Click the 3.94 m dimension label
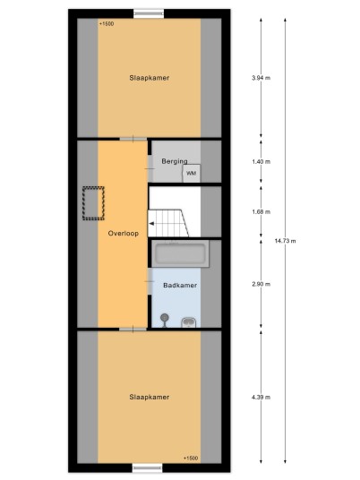261,78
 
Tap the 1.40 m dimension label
261,161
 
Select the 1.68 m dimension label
261,211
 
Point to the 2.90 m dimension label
261,284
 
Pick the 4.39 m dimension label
261,397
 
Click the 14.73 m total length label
285,241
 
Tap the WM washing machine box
192,173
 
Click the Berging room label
175,161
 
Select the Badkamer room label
180,286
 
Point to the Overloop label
124,233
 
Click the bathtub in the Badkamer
181,253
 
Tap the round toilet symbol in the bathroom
165,320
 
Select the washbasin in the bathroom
189,322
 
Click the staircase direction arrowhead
151,224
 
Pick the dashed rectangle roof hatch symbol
93,203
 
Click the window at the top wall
149,13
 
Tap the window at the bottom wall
147,467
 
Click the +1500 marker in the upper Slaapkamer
107,23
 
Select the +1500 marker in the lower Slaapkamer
191,458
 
